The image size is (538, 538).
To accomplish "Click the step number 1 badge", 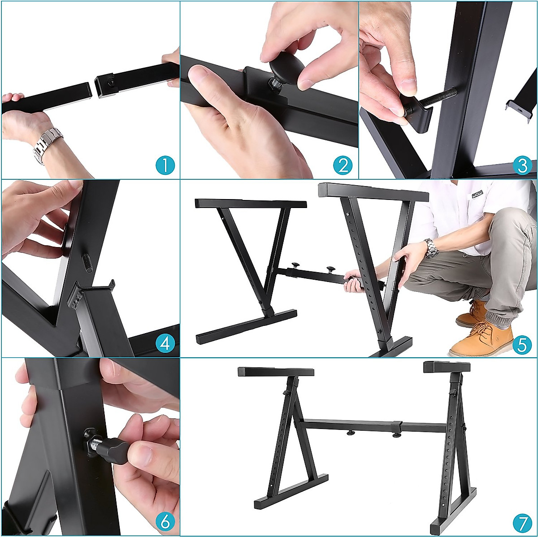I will [165, 165].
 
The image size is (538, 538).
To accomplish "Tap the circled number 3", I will [522, 165].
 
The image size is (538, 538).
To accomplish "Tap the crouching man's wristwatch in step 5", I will [431, 248].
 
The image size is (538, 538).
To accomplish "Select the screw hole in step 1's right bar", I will [110, 82].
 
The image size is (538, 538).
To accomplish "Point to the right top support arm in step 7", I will [447, 367].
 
